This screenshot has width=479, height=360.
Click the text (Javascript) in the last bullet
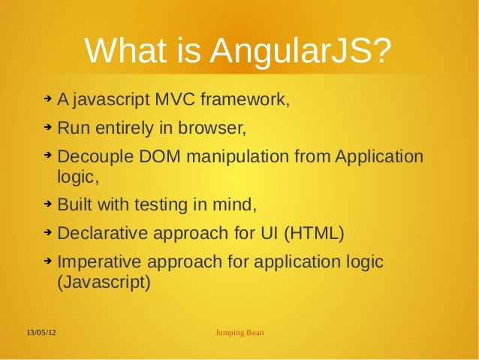tap(104, 283)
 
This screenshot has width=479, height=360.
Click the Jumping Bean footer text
tap(239, 331)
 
